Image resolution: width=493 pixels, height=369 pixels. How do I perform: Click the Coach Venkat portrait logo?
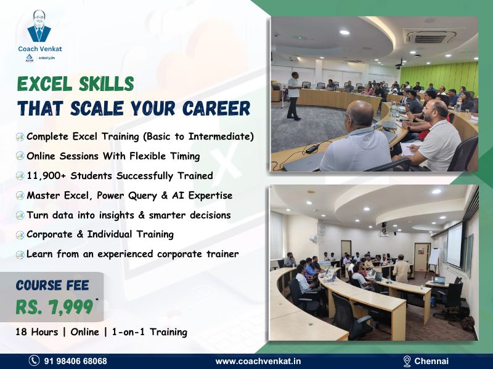(39, 26)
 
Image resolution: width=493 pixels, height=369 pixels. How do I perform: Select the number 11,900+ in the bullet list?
(47, 176)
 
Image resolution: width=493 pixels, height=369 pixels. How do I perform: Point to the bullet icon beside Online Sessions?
(20, 156)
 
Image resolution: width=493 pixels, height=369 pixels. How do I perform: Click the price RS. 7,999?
(54, 305)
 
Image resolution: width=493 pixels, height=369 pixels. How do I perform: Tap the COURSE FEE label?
(52, 285)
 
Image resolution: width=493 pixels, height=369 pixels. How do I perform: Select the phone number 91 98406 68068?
(75, 361)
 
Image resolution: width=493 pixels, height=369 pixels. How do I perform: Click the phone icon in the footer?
(35, 361)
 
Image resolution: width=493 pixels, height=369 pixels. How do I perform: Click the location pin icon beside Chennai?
(407, 361)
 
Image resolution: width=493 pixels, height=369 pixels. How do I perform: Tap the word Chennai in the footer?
(431, 361)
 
